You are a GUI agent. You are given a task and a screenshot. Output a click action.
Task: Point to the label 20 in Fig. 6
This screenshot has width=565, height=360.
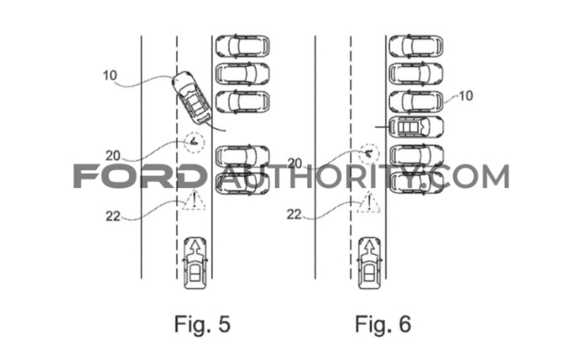[295, 163]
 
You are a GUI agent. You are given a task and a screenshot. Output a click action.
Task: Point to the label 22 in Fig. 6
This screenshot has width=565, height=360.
[295, 213]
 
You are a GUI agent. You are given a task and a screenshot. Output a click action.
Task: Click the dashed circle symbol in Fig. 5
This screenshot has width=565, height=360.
[193, 143]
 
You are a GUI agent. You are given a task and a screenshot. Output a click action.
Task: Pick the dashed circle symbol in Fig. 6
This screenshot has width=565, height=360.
[369, 153]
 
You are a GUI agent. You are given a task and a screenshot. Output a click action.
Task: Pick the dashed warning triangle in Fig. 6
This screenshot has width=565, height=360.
[369, 201]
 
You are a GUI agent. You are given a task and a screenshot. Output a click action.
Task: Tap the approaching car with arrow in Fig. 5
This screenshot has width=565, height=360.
[194, 264]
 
